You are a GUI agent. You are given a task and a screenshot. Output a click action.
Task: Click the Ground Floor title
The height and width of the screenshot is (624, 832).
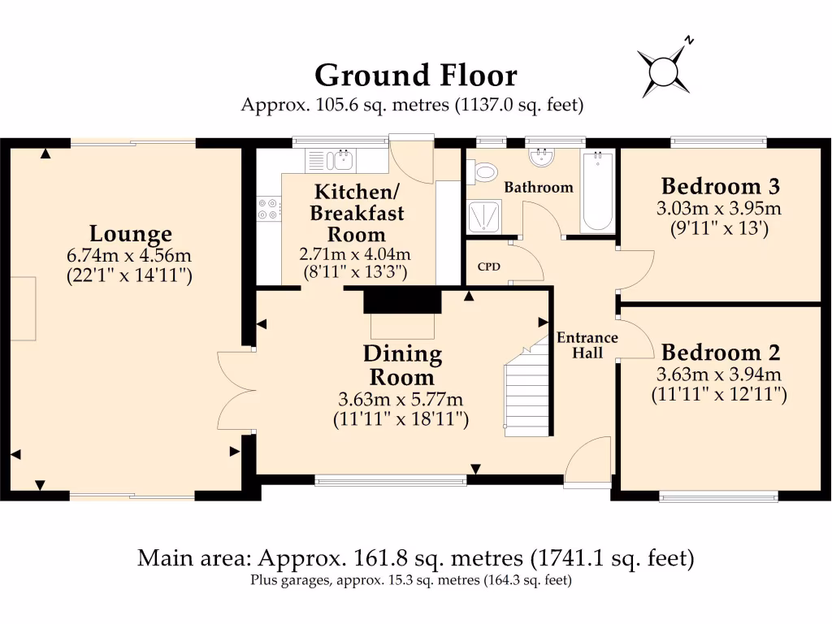point(416,76)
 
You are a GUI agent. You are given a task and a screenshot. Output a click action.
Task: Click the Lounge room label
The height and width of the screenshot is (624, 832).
point(131,233)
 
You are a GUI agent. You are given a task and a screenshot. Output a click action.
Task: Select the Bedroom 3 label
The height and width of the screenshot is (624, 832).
point(721,186)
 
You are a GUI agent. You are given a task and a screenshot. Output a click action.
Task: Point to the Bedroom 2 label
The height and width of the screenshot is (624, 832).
point(721,352)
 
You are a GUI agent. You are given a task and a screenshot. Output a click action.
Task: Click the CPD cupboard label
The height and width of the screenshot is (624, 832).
point(488,266)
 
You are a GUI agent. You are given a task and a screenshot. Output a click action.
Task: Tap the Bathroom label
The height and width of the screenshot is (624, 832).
point(539,188)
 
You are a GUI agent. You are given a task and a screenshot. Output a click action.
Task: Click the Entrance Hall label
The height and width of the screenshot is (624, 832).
point(587,344)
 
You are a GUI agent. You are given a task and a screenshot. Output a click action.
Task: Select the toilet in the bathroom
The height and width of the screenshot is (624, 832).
point(483,171)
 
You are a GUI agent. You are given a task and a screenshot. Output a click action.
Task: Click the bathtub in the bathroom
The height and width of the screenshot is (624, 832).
point(598,191)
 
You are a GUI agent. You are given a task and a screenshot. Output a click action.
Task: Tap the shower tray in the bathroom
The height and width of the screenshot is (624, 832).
point(484,216)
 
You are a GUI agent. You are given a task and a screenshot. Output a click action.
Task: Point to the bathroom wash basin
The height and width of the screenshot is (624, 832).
point(542,157)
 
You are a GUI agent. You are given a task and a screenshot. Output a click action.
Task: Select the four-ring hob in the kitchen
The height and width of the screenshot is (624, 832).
point(269,209)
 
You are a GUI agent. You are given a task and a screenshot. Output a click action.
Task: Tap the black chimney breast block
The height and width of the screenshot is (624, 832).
point(402,301)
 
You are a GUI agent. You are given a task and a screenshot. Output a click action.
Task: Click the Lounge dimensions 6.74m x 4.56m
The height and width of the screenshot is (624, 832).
point(129,255)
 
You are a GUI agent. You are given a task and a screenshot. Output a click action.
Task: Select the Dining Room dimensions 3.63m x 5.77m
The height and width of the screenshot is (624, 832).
point(401,399)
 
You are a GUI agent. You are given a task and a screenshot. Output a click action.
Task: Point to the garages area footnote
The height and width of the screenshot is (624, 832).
point(411,580)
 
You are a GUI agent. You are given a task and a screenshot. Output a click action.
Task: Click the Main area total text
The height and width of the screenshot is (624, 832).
point(416,558)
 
